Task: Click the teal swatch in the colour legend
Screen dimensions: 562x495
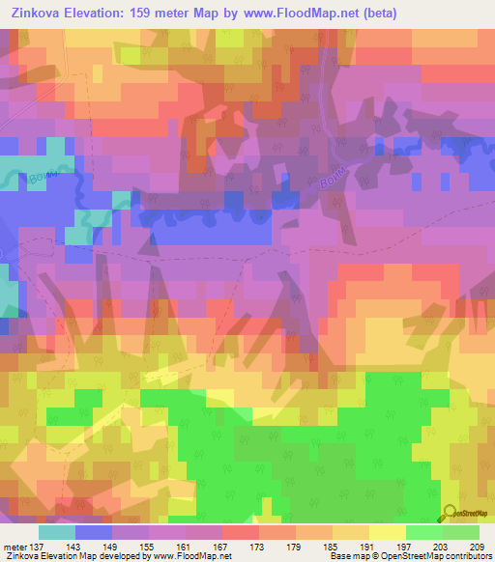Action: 57,533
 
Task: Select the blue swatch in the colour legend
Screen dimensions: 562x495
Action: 94,533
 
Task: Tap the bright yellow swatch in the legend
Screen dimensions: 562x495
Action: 388,533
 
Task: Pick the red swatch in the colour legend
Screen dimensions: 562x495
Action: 241,533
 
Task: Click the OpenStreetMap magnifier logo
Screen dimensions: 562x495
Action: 450,512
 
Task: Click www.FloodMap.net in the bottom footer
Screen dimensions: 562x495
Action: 190,556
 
